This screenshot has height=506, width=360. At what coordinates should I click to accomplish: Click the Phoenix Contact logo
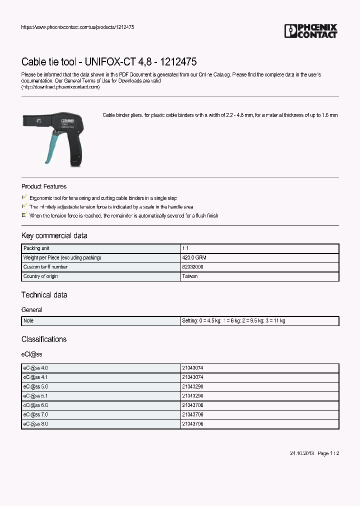pos(310,31)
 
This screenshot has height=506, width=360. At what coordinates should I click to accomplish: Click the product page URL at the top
pos(77,27)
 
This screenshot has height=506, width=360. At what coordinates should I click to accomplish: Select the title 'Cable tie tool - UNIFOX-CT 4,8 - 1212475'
pos(108,62)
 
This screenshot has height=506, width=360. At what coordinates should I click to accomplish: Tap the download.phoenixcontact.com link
pos(60,87)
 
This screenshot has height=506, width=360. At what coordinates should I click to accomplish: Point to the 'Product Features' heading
pos(44,186)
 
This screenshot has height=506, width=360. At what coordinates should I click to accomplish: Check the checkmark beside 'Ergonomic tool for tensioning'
pos(24,198)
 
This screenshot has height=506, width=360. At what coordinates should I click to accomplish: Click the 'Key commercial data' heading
pos(54,235)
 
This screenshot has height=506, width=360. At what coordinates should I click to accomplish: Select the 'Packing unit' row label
pos(36,248)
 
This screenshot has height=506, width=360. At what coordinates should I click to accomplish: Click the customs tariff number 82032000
pos(192,267)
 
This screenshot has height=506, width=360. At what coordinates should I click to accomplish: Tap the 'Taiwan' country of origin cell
pos(189,276)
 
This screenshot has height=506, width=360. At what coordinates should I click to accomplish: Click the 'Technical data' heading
pos(44,295)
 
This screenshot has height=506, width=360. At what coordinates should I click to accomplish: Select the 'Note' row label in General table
pos(28,320)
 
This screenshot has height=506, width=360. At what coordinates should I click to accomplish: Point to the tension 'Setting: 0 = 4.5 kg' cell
pos(233,320)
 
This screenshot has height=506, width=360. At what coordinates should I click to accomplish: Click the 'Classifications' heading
pos(44,339)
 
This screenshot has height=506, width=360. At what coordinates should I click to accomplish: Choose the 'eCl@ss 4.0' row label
pos(35,367)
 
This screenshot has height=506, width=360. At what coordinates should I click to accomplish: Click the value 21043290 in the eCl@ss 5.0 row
pos(192,386)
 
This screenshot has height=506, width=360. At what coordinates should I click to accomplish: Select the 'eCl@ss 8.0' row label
pos(35,423)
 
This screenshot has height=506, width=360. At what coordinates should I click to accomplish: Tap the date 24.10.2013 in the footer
pos(301,453)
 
